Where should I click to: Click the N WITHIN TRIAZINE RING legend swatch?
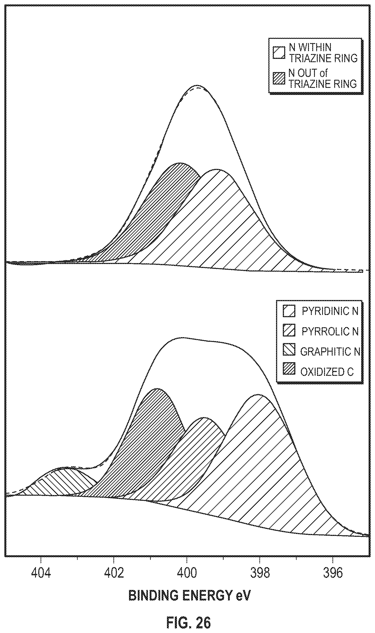coord(279,52)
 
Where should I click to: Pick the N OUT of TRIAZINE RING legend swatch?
coord(279,78)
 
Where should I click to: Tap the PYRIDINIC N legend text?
coord(330,311)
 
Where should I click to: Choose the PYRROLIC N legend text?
coord(330,331)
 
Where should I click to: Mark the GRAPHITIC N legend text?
coord(330,351)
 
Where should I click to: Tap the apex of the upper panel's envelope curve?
coord(197,85)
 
